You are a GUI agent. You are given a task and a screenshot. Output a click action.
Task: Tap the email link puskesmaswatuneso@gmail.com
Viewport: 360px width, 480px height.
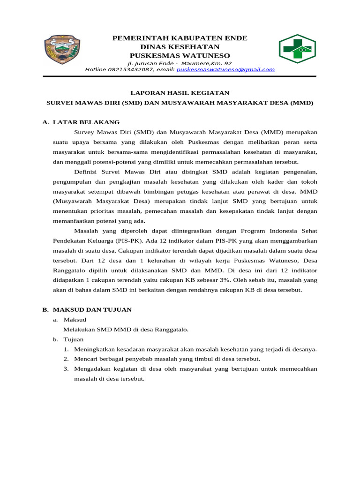(225, 69)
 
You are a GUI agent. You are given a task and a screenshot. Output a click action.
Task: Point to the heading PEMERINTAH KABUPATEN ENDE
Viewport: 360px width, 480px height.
(180, 38)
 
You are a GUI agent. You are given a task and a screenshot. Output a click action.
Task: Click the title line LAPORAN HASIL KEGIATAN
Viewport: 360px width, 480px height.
(180, 93)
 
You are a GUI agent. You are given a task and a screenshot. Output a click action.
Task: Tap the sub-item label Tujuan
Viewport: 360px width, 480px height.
(74, 339)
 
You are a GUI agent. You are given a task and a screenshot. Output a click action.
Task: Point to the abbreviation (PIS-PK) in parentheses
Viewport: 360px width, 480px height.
(127, 240)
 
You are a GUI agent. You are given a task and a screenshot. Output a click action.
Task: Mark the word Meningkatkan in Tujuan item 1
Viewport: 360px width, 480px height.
(96, 349)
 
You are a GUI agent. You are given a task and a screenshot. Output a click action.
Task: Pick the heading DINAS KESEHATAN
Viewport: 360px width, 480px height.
(180, 47)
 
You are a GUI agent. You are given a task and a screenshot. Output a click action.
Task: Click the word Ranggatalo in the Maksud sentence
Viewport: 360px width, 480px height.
(170, 329)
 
